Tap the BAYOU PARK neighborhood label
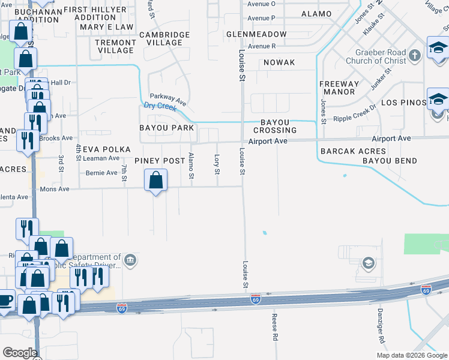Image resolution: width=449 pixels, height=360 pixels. [x=166, y=128]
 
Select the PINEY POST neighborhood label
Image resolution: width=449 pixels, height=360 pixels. [x=159, y=161]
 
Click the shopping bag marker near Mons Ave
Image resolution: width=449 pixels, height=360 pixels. [x=156, y=179]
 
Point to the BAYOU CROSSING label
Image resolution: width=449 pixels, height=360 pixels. [x=275, y=126]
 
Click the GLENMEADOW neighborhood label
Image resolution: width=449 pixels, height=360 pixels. [x=256, y=34]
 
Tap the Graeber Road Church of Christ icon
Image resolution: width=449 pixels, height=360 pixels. [x=414, y=56]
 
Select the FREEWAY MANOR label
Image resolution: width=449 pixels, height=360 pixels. [x=339, y=88]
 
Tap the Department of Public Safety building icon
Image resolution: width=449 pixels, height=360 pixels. [x=131, y=260]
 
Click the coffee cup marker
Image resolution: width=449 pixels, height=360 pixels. [x=5, y=299]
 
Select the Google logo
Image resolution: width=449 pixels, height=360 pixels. [x=20, y=353]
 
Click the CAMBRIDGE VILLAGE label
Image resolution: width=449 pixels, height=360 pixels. [x=160, y=38]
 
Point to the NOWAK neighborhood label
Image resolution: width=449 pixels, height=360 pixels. [x=279, y=62]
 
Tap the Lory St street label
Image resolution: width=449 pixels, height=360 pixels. [x=217, y=164]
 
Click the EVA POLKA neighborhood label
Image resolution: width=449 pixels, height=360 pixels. [x=99, y=149]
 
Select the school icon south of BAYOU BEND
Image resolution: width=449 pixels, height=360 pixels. [x=368, y=262]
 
